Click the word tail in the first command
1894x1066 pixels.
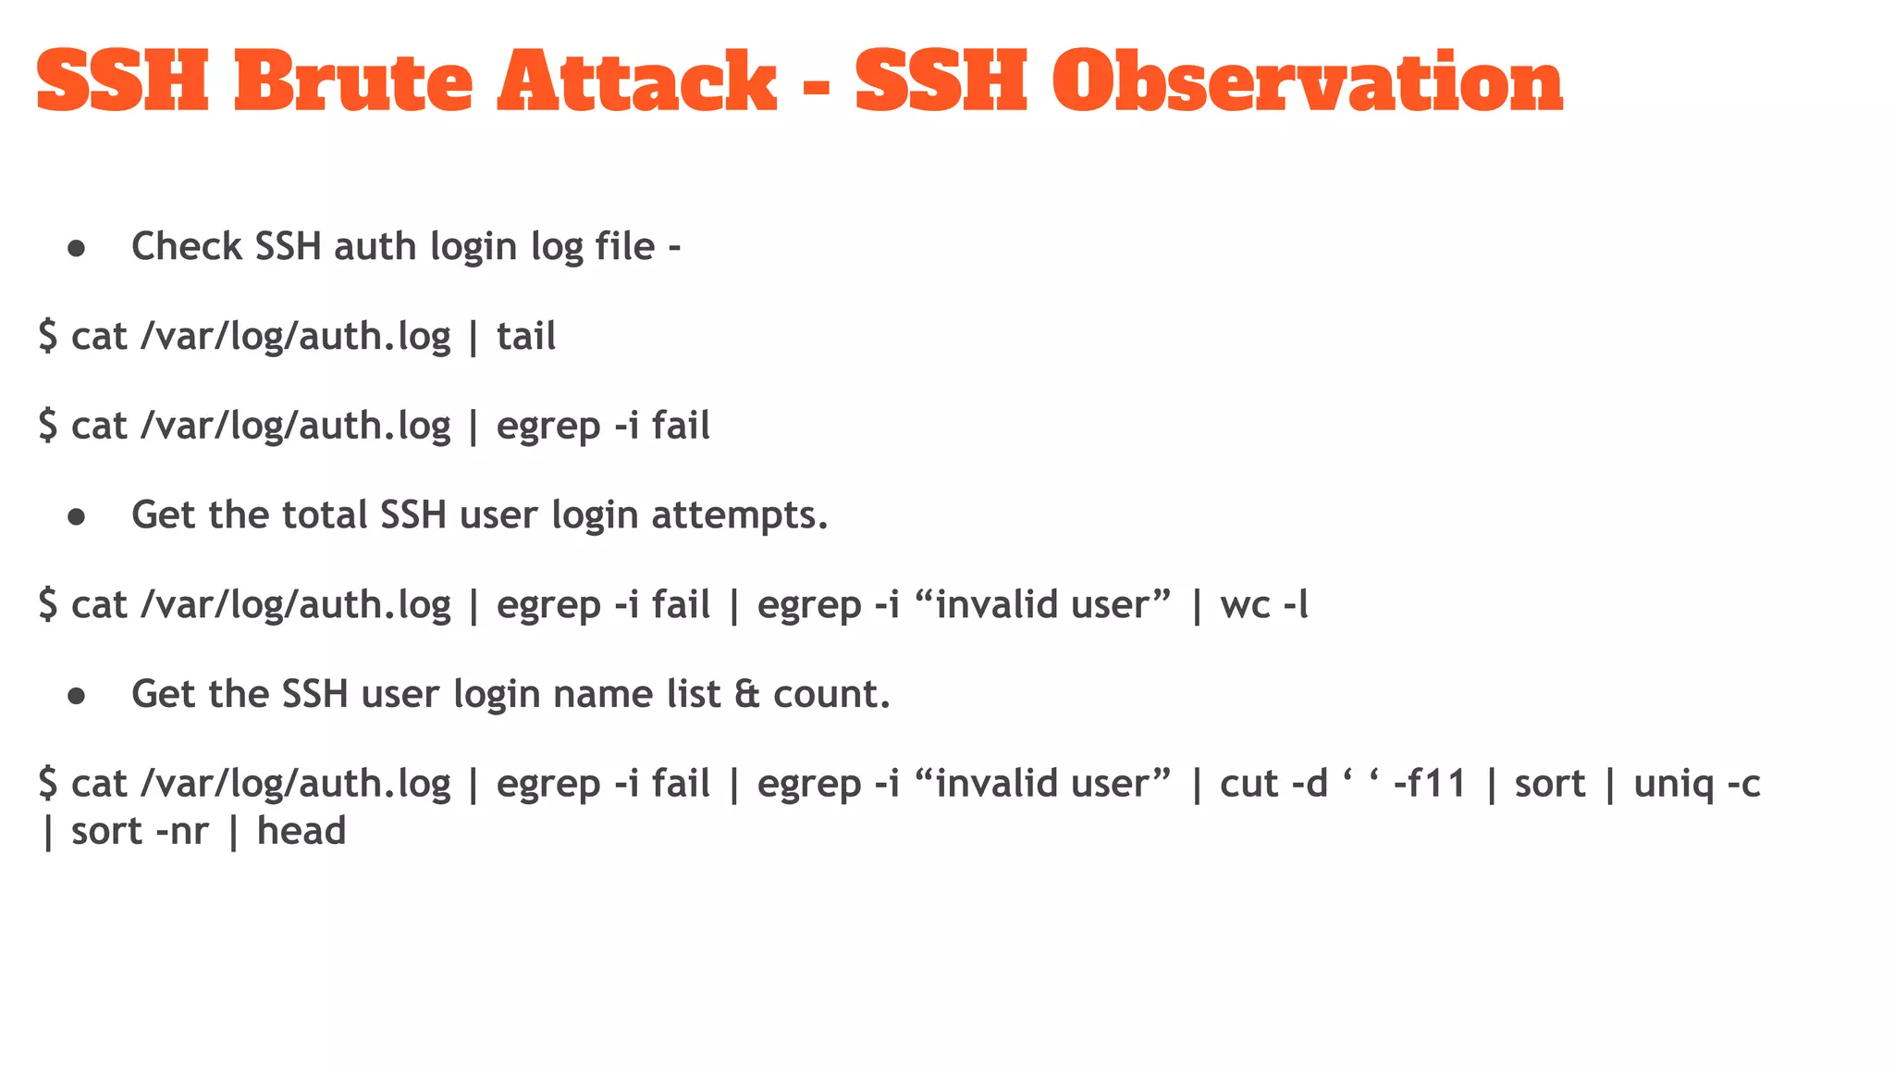[x=526, y=336]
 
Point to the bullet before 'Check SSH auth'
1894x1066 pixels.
[x=77, y=248]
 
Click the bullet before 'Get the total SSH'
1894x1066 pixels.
[x=77, y=516]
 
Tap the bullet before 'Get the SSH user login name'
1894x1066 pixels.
[x=77, y=696]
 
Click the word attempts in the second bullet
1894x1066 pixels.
[x=739, y=514]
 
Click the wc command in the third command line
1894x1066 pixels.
[x=1245, y=605]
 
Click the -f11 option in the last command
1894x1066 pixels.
[x=1430, y=784]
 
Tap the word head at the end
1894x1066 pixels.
[x=301, y=831]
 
